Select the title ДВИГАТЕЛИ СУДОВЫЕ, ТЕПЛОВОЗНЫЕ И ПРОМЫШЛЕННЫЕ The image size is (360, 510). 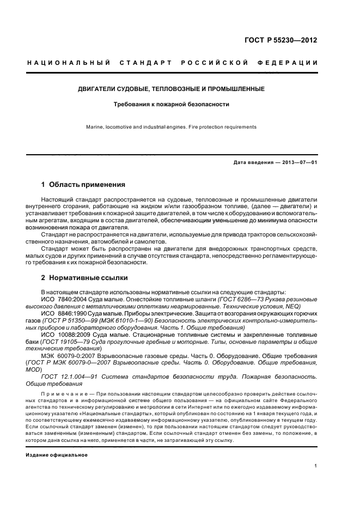coord(170,88)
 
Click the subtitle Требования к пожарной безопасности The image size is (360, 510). coord(170,103)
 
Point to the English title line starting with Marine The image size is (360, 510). coord(170,127)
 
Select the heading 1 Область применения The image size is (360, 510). coord(83,185)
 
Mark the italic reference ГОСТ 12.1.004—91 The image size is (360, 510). coord(68,377)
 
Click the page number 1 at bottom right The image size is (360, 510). coord(316,465)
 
